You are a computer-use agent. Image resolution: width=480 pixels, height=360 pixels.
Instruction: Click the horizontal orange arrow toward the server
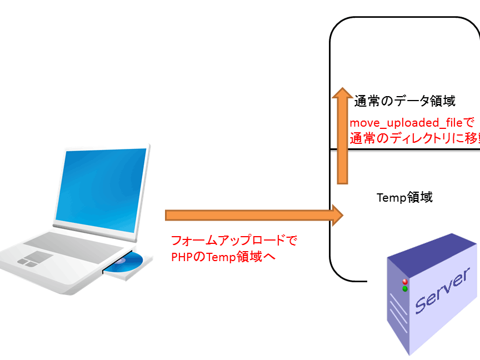click(250, 215)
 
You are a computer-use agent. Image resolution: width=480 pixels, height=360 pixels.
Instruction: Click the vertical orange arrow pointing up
click(343, 144)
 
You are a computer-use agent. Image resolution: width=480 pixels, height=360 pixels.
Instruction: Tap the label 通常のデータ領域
click(405, 101)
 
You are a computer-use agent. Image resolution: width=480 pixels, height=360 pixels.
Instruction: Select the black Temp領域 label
click(404, 197)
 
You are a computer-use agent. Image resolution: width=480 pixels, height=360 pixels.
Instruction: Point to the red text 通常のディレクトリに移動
click(414, 138)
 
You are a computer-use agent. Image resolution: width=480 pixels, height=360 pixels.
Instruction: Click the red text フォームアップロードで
click(234, 241)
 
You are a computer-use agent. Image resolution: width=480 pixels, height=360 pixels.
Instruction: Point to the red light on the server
click(404, 282)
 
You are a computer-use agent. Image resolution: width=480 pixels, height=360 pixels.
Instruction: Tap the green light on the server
click(405, 289)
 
